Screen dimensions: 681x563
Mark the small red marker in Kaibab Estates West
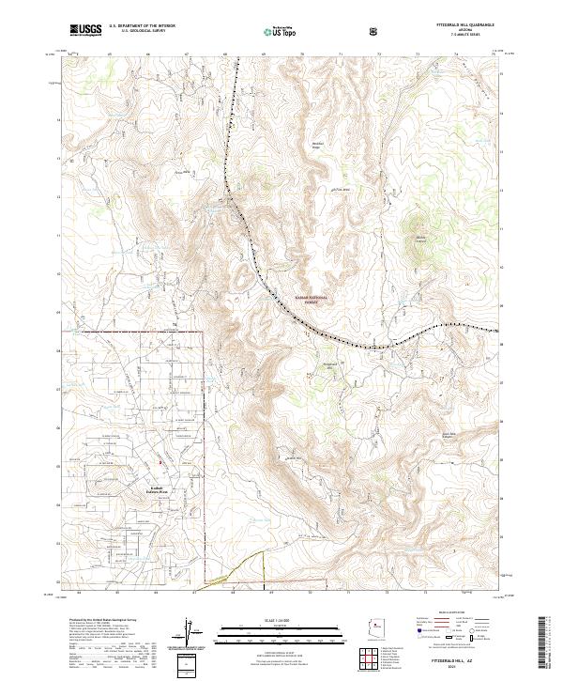[160, 462]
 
